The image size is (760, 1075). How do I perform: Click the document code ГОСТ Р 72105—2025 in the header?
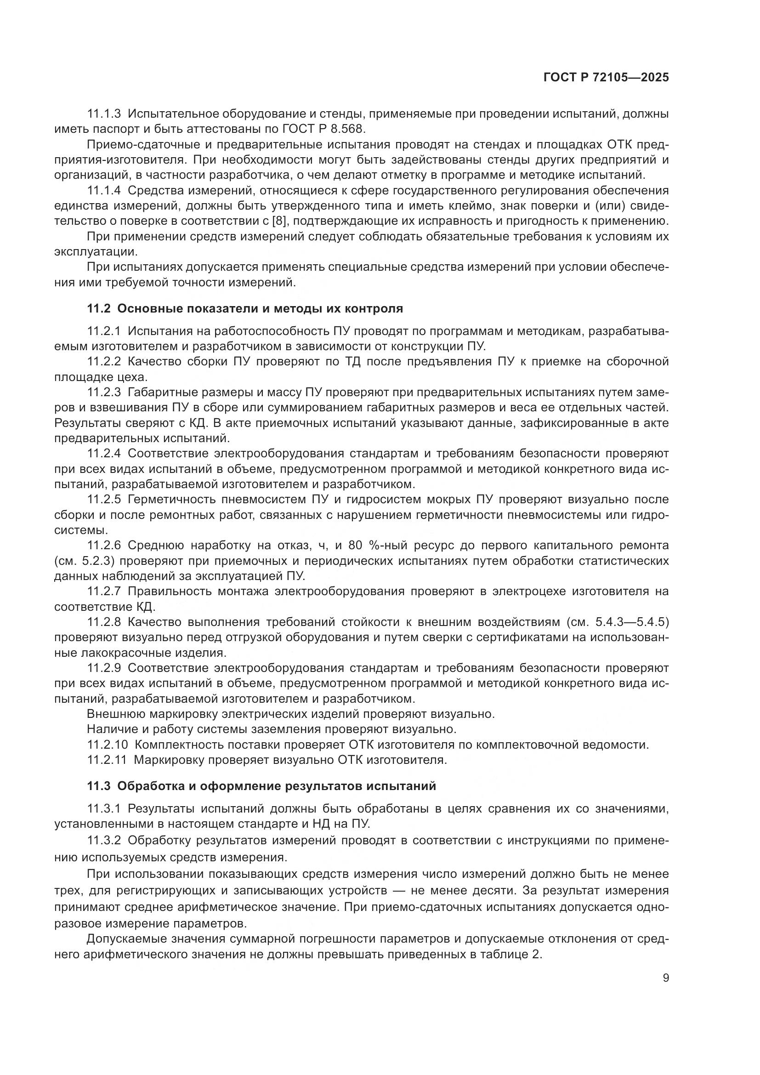pos(606,78)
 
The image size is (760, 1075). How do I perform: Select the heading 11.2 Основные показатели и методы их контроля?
pos(245,308)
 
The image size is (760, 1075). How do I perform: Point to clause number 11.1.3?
pos(104,114)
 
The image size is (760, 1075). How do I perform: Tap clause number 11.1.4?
pos(104,191)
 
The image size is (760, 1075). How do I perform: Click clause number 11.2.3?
pos(104,392)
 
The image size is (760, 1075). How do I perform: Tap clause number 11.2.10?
pos(108,745)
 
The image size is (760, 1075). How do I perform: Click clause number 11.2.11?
pos(107,760)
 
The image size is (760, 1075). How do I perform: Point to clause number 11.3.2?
pos(104,841)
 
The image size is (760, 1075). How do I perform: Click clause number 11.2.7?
pos(104,592)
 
